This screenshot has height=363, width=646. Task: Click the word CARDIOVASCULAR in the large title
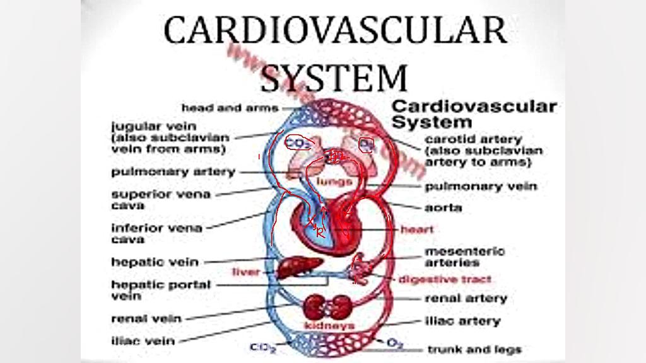(x=335, y=30)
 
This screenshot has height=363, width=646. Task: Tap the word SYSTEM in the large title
(x=335, y=78)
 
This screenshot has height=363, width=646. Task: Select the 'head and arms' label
(x=230, y=108)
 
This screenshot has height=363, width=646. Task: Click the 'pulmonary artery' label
(x=173, y=171)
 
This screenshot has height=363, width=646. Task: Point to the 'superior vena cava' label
(x=160, y=199)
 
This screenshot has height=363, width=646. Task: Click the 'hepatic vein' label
(x=155, y=262)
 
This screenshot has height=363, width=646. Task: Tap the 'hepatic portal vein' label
(x=161, y=290)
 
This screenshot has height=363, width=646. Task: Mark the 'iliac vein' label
(x=143, y=342)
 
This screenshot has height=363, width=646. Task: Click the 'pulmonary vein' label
(x=481, y=187)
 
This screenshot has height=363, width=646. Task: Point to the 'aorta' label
(x=443, y=207)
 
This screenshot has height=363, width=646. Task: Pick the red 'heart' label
(x=417, y=229)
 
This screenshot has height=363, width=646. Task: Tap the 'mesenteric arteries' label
(x=465, y=256)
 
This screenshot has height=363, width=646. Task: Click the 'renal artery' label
(x=466, y=298)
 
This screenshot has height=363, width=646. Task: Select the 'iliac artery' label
(x=463, y=321)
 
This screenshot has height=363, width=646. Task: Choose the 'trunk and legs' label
(x=474, y=349)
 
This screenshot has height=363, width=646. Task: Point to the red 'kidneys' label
(x=329, y=326)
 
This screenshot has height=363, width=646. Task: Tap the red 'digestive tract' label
(x=444, y=279)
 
